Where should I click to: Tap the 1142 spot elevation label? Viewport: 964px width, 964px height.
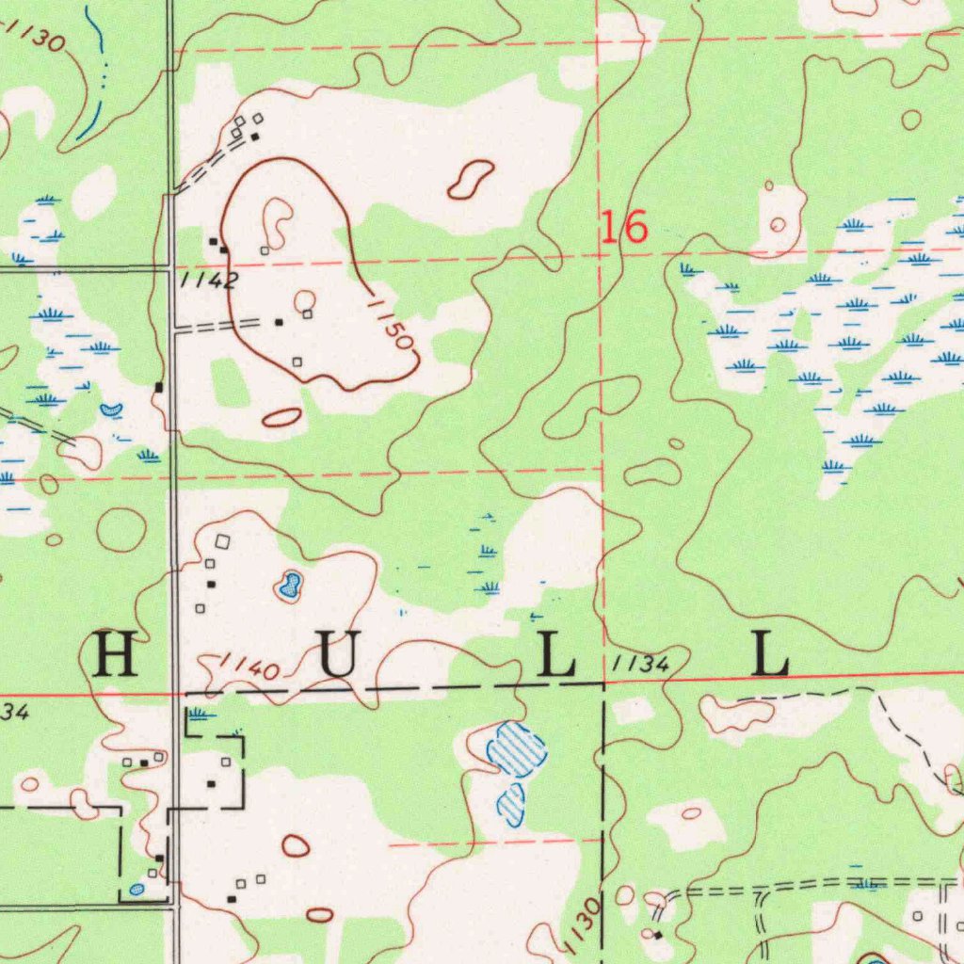pyautogui.click(x=206, y=281)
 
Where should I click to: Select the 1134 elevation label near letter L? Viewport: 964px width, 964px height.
pyautogui.click(x=639, y=665)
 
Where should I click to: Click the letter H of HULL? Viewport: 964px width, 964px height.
pyautogui.click(x=117, y=655)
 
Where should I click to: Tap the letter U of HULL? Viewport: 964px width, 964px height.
pyautogui.click(x=338, y=655)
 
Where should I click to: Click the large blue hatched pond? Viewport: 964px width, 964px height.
pyautogui.click(x=517, y=748)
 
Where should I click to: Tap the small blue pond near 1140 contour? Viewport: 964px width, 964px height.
pyautogui.click(x=288, y=587)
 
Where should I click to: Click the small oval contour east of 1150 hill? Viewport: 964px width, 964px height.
pyautogui.click(x=471, y=179)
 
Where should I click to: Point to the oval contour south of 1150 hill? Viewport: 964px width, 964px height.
pyautogui.click(x=281, y=417)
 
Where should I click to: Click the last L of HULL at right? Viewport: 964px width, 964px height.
pyautogui.click(x=770, y=655)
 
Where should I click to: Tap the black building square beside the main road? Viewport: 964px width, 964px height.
pyautogui.click(x=159, y=387)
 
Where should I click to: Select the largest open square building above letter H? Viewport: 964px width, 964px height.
pyautogui.click(x=222, y=541)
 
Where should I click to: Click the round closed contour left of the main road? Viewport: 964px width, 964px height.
pyautogui.click(x=121, y=530)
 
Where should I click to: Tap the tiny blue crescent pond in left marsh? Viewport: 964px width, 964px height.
pyautogui.click(x=111, y=410)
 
